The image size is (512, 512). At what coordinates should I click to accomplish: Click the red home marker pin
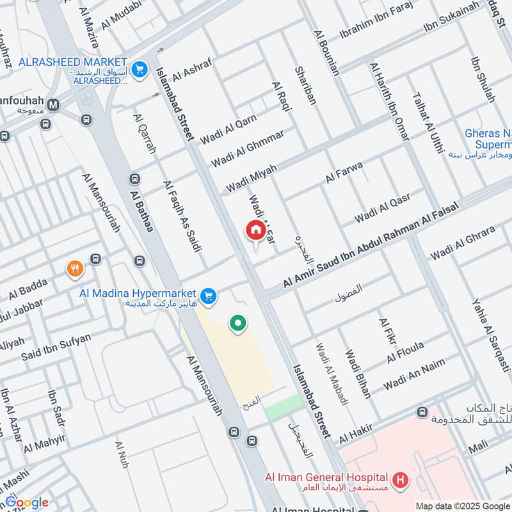coord(255,230)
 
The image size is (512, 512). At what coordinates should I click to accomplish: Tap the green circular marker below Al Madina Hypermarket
coord(238,324)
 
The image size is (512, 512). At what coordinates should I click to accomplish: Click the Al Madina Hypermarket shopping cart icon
coord(207,296)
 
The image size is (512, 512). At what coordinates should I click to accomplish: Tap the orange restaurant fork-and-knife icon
coord(76,269)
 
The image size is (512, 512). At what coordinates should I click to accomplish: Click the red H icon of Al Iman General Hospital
coord(401,479)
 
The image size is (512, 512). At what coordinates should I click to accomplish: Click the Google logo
coord(27,502)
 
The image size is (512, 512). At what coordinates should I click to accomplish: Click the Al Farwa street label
coord(344,173)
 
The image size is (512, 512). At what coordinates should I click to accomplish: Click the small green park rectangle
coord(284,406)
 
